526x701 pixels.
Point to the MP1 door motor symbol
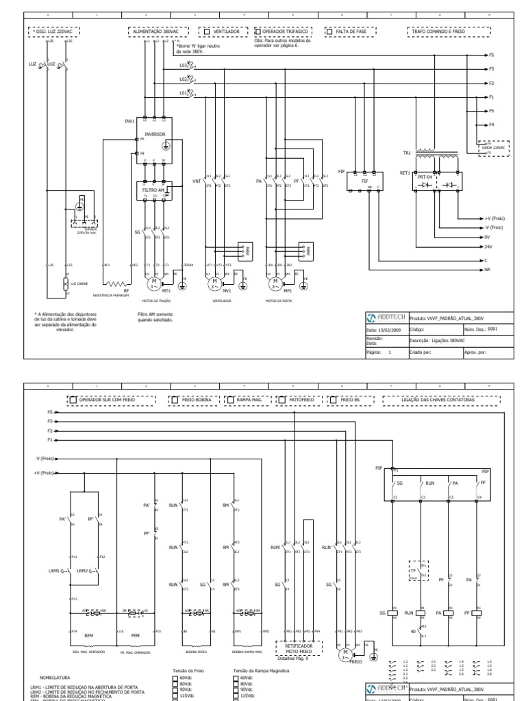coord(275,281)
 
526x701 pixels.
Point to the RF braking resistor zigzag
coord(117,281)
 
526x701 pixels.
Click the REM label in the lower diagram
coord(88,635)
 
